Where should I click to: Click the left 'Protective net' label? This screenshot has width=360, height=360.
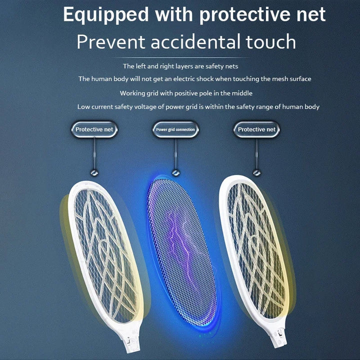tap(94, 129)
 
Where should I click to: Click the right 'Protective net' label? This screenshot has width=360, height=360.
tap(256, 129)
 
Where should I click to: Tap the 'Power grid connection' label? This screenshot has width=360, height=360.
tap(175, 129)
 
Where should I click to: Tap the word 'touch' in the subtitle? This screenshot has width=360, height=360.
tap(270, 42)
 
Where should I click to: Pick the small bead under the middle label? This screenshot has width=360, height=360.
tap(175, 172)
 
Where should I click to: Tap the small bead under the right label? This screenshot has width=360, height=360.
tap(256, 172)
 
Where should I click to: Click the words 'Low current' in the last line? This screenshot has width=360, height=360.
tap(93, 106)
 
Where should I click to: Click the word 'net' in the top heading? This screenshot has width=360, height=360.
tap(310, 15)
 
